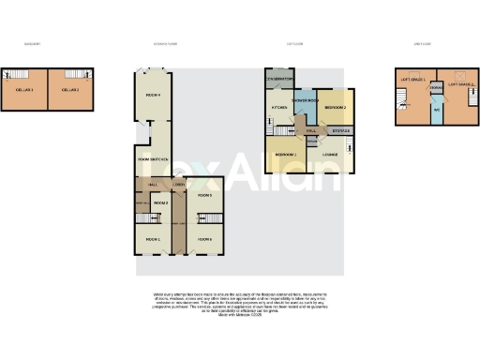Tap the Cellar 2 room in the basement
[x=69, y=89]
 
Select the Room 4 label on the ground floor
[x=153, y=95]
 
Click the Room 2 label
[x=160, y=202]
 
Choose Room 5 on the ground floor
[x=204, y=195]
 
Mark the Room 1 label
[x=153, y=239]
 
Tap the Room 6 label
[x=204, y=239]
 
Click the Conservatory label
[x=280, y=80]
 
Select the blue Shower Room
[x=306, y=99]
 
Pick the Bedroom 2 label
[x=337, y=108]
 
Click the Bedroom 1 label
[x=286, y=154]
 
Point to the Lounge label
[x=330, y=154]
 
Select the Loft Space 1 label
[x=412, y=81]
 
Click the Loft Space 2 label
[x=461, y=84]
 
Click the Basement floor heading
[x=32, y=43]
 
